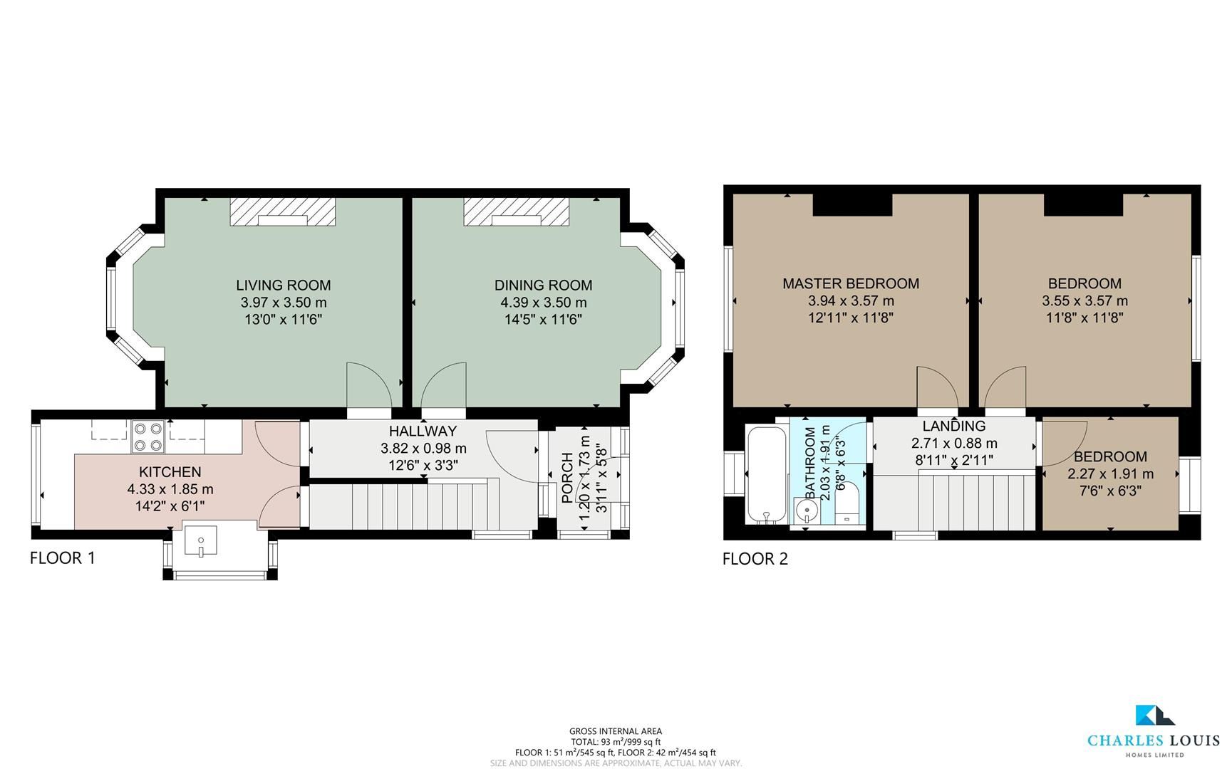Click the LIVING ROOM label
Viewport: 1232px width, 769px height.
[x=283, y=286]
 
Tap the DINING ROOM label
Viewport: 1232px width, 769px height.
[x=543, y=286]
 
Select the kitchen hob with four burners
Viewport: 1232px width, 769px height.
[x=148, y=437]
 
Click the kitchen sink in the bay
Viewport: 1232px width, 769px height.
[x=200, y=540]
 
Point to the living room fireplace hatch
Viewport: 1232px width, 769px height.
[x=282, y=212]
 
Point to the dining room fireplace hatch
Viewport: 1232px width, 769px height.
[x=517, y=212]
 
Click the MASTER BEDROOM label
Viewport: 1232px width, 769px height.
[x=850, y=283]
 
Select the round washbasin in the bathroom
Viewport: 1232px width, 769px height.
[x=807, y=508]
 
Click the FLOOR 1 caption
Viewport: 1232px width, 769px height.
[x=62, y=558]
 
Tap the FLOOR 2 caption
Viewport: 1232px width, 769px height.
[x=755, y=559]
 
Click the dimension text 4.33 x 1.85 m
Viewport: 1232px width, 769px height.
[x=170, y=489]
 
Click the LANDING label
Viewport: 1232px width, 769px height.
[x=953, y=426]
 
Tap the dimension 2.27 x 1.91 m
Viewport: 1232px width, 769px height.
[x=1110, y=474]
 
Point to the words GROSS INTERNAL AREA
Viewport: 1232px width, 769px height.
[x=615, y=731]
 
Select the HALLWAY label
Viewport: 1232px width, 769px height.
[x=423, y=431]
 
